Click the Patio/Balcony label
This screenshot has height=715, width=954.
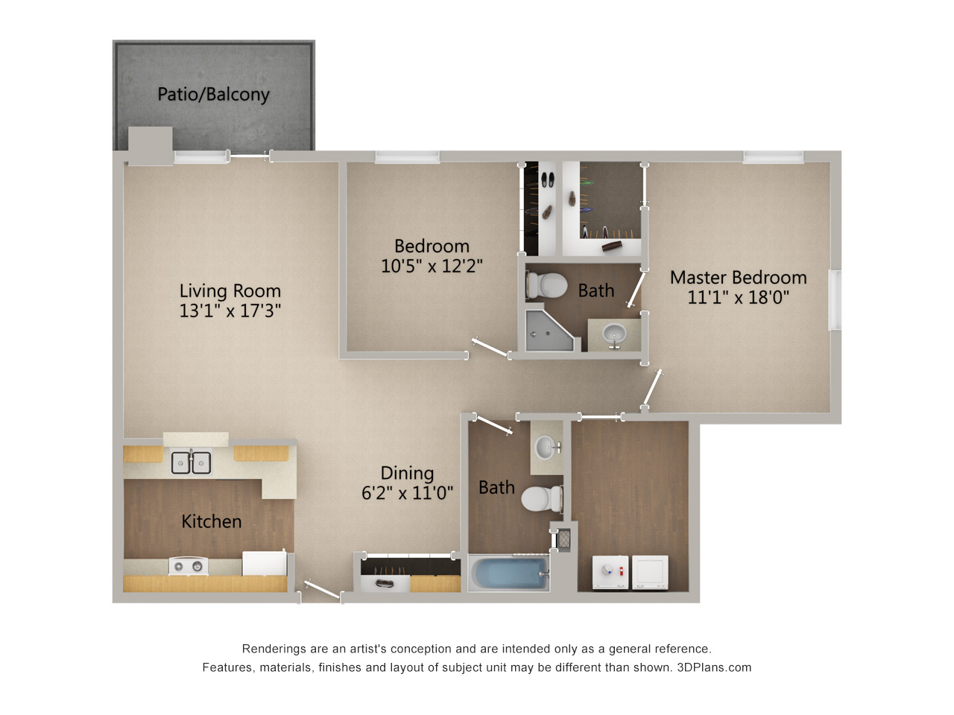213,94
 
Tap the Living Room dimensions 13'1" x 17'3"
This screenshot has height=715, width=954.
230,311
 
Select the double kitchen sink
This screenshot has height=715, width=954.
192,463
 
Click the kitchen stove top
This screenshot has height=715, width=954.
189,566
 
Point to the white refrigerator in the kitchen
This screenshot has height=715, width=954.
265,564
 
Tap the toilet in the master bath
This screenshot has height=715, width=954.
546,285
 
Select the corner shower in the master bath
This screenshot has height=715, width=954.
549,331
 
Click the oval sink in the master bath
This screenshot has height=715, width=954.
614,334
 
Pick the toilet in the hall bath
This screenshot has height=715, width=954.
542,498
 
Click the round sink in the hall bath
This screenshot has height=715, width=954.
547,447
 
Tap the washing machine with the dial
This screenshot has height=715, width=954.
610,572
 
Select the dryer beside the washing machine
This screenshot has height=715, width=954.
650,572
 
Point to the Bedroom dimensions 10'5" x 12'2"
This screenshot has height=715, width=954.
432,266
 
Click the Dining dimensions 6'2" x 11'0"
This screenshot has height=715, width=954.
407,493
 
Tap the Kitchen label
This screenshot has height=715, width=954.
211,521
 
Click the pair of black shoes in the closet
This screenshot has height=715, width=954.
547,179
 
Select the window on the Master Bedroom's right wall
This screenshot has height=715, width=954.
835,299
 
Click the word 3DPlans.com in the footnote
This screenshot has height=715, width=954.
714,667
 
